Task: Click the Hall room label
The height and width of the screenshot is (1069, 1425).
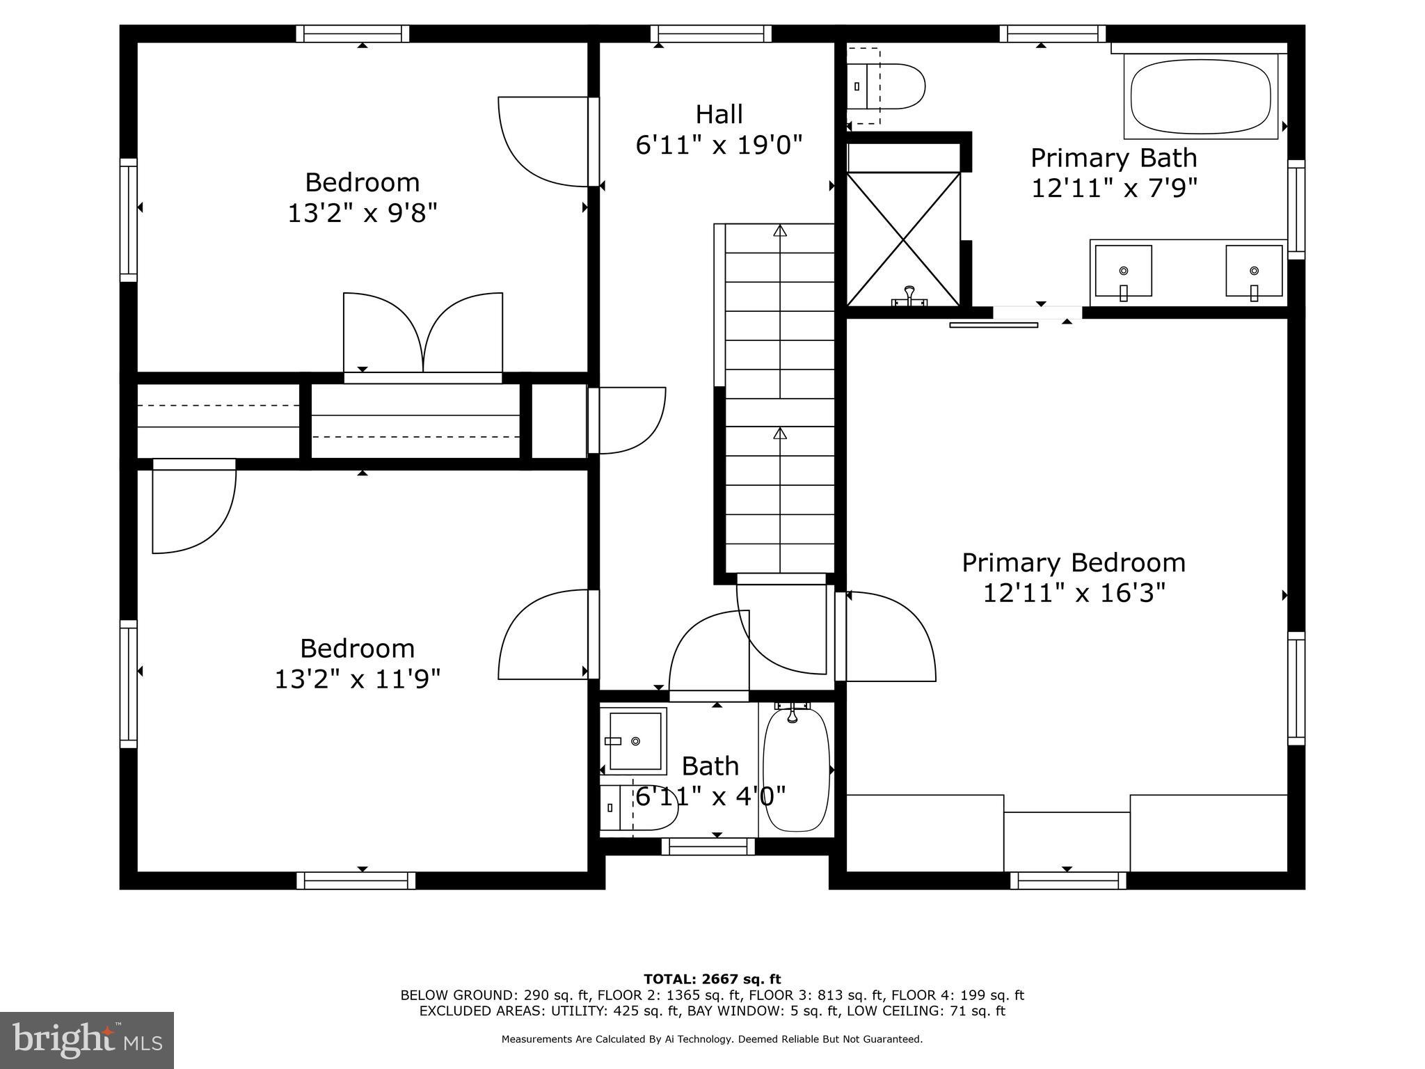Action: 719,114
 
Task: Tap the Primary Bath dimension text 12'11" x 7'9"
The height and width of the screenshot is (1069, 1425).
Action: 1113,189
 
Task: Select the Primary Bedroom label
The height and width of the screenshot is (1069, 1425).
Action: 1073,562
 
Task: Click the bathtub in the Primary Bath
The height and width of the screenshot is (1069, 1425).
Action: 1204,97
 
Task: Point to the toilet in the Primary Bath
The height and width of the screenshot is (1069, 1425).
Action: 891,86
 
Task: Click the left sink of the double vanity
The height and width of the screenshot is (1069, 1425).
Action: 1123,271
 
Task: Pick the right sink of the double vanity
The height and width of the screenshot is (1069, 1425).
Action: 1253,271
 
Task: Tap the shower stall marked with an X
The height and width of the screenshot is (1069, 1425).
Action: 902,239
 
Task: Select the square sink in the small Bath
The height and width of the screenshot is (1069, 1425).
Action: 634,741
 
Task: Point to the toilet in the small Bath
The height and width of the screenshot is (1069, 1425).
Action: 640,807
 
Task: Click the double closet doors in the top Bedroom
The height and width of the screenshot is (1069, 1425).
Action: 422,334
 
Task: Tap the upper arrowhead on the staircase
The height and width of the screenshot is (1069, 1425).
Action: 780,230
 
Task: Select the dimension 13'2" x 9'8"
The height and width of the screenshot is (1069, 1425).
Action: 363,213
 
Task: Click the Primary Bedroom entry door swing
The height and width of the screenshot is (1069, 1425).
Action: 887,637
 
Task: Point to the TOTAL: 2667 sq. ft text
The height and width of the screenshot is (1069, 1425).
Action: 712,979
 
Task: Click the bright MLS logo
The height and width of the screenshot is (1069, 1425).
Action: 87,1040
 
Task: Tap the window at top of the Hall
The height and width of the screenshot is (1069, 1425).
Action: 711,33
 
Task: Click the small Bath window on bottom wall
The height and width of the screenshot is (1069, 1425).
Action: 708,846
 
